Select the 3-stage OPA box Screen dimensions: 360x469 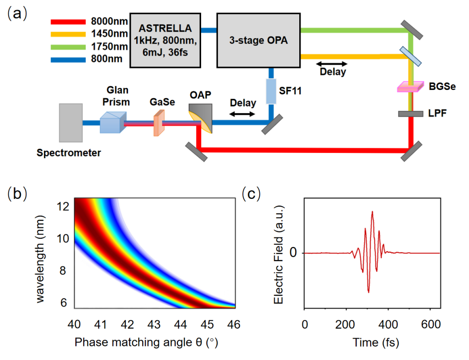point(258,40)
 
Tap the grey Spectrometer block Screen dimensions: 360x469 point(71,122)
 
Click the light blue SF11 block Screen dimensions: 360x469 point(271,90)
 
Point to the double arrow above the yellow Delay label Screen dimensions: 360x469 point(331,63)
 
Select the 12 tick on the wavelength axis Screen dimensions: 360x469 point(62,206)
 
